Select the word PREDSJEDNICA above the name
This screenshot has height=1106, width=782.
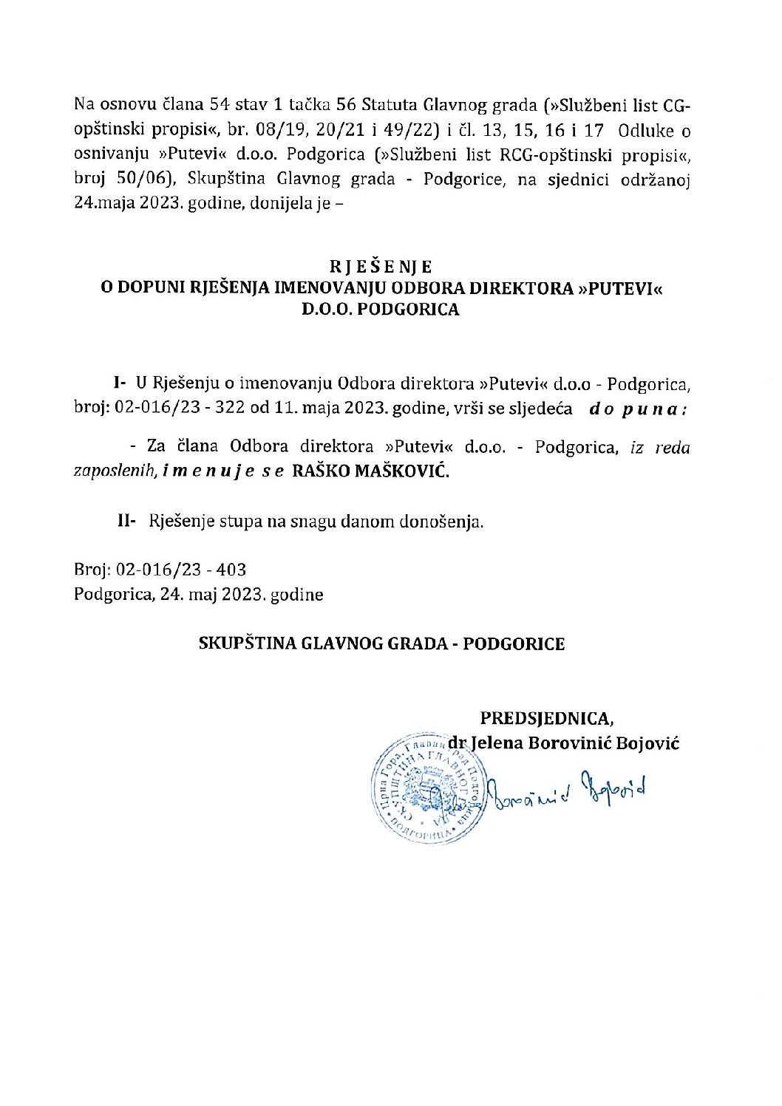click(546, 718)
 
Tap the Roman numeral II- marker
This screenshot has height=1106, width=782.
click(126, 521)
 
